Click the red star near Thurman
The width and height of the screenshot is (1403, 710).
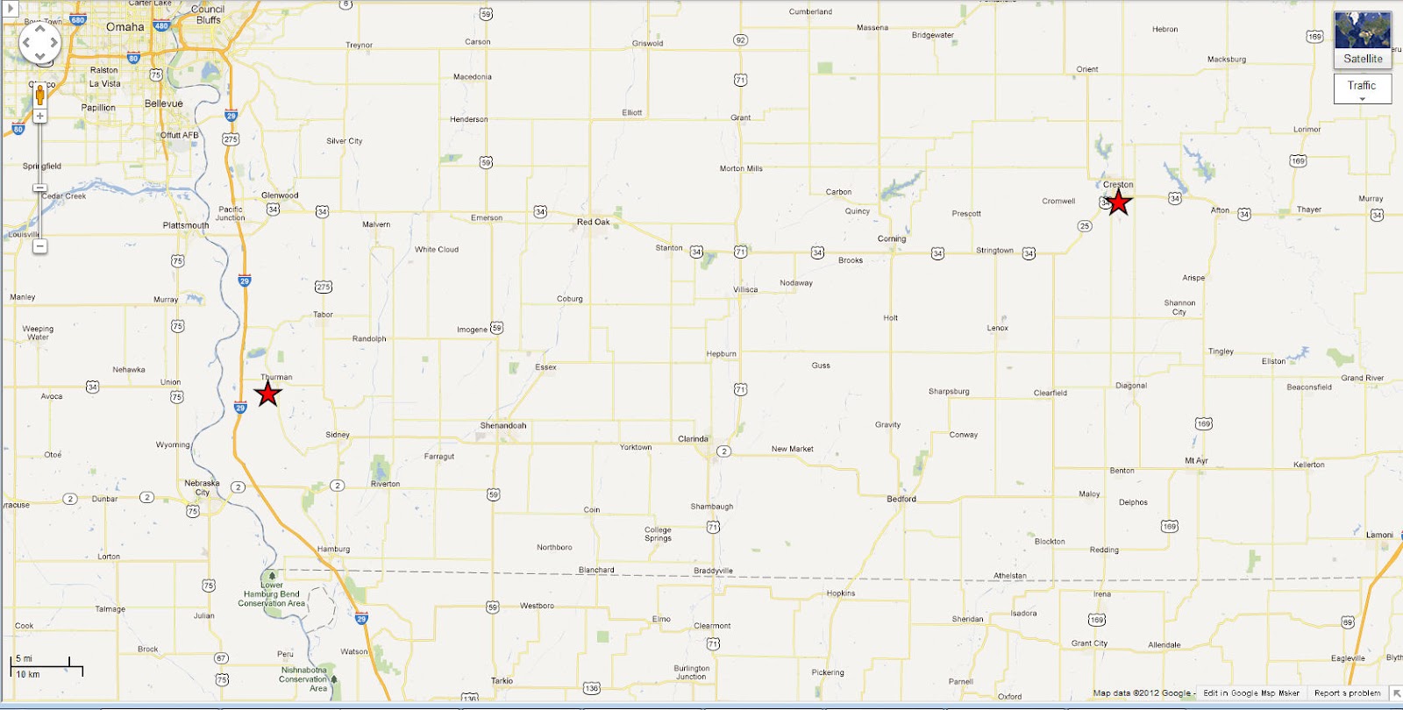(x=267, y=393)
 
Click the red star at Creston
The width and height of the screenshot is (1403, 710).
(x=1118, y=202)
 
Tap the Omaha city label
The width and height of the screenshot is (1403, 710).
(x=125, y=27)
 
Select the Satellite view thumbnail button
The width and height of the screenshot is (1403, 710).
(x=1363, y=39)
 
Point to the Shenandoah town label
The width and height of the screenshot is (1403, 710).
(x=503, y=426)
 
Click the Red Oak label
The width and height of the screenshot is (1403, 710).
(x=593, y=223)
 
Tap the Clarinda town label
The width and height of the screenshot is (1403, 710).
(x=693, y=439)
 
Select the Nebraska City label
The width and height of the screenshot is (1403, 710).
(x=203, y=487)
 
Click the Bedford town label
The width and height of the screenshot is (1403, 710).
(x=901, y=500)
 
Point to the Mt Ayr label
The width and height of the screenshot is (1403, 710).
(x=1196, y=461)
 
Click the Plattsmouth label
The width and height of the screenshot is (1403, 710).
(x=186, y=225)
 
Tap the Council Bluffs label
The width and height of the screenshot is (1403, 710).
(x=208, y=15)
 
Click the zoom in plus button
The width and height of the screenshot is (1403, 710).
(x=39, y=116)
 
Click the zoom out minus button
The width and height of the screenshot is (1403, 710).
(x=39, y=246)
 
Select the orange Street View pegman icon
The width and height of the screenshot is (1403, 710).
(x=39, y=95)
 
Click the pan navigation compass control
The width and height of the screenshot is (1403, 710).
(x=40, y=42)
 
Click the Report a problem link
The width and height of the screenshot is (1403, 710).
(x=1347, y=693)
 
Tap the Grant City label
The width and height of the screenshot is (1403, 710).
(x=1089, y=643)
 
